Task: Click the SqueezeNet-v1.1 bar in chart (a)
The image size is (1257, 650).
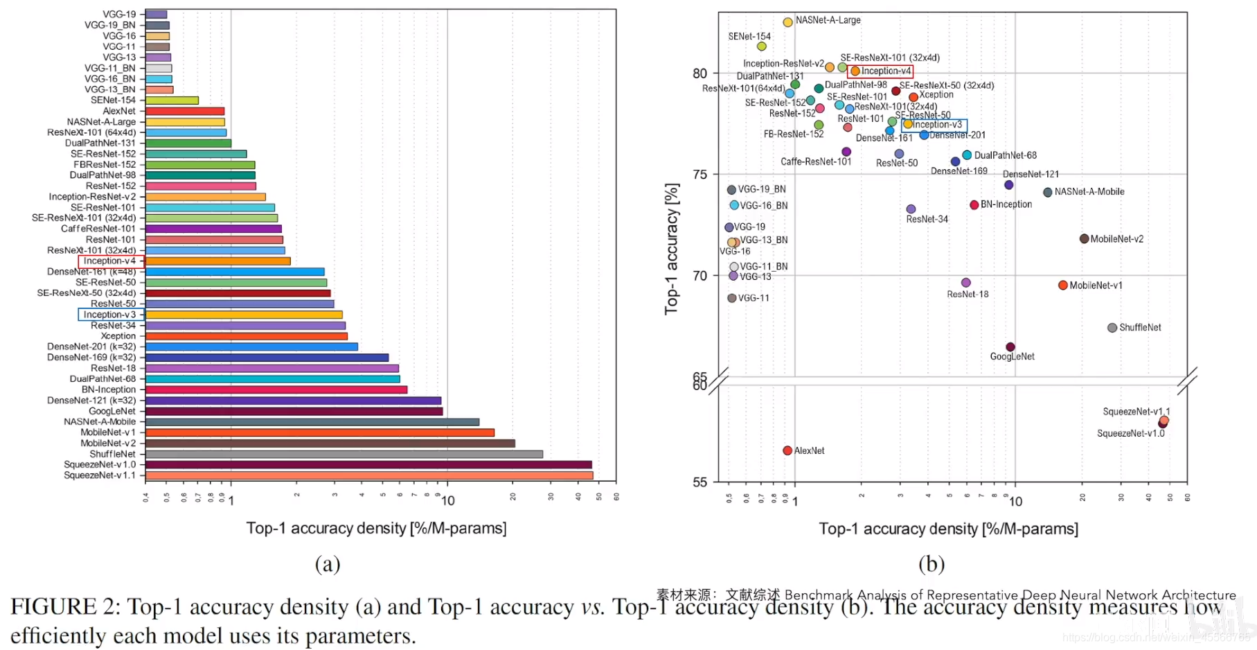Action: tap(368, 475)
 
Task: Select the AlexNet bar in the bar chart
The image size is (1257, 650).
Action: tap(185, 111)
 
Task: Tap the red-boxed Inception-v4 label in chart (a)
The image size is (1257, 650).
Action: tap(110, 261)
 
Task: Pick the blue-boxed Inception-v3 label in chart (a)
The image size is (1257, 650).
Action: tap(110, 315)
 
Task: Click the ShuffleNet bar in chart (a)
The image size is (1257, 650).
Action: tap(344, 454)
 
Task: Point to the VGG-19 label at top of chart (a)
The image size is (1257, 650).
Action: tap(119, 14)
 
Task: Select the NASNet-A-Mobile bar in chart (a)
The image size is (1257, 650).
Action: tap(312, 421)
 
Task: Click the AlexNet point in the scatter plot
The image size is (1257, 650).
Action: tap(787, 450)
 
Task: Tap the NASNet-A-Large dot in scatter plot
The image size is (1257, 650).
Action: tap(787, 22)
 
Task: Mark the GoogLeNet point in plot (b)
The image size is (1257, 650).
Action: tap(1010, 346)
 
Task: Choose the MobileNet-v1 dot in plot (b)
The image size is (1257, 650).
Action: tap(1062, 285)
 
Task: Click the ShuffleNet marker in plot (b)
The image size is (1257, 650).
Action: tap(1112, 328)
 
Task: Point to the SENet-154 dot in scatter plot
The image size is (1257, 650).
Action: tap(762, 46)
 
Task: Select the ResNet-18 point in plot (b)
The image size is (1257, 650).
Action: tap(966, 283)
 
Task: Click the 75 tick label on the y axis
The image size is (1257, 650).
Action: tap(700, 174)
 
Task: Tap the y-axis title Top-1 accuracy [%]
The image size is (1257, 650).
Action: tap(672, 249)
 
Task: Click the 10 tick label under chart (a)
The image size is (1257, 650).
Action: tap(447, 501)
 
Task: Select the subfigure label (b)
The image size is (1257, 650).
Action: tap(931, 564)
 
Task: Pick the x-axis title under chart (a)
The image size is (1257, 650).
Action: tap(376, 528)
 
